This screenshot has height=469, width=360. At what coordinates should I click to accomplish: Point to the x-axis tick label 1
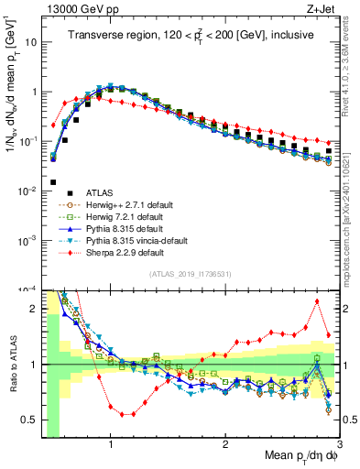(x=111, y=445)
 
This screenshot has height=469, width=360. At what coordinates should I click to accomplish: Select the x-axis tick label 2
(x=225, y=445)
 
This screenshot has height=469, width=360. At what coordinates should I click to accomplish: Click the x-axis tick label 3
(x=339, y=445)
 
